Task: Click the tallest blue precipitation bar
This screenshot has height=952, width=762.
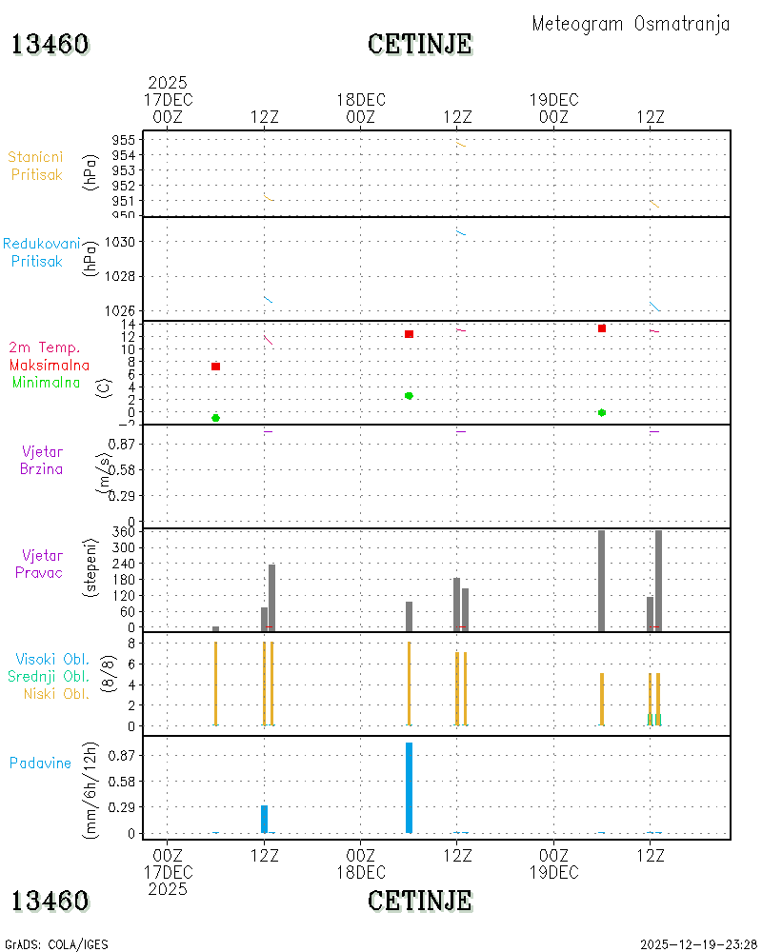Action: click(409, 787)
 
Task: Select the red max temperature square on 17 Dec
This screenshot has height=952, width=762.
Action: click(215, 367)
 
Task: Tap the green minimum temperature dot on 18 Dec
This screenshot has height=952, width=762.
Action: click(409, 396)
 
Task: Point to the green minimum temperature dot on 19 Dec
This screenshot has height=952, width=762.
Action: click(602, 413)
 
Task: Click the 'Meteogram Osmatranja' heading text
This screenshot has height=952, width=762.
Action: click(631, 24)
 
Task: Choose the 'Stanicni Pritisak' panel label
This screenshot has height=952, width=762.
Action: click(36, 166)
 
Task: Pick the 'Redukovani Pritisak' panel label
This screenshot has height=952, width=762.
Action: click(41, 252)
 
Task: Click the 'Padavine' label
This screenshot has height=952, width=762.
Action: click(40, 764)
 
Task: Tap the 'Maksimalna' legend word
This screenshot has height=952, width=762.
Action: click(50, 366)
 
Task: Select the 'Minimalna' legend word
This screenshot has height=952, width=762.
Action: click(46, 383)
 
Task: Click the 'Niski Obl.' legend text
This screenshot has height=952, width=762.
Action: click(56, 694)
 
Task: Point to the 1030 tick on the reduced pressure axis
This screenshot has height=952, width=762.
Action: click(120, 242)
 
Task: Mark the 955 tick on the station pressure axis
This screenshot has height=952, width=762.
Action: click(124, 140)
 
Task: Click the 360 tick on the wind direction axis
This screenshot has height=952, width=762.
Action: click(124, 532)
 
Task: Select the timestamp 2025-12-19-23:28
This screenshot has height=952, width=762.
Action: click(698, 944)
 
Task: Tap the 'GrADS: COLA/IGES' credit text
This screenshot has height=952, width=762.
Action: click(56, 944)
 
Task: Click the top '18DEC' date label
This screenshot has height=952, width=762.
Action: click(361, 100)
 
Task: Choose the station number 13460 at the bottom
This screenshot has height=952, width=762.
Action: click(50, 901)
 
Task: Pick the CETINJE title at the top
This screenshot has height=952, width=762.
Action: click(420, 44)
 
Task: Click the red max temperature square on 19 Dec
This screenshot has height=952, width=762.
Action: click(602, 328)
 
